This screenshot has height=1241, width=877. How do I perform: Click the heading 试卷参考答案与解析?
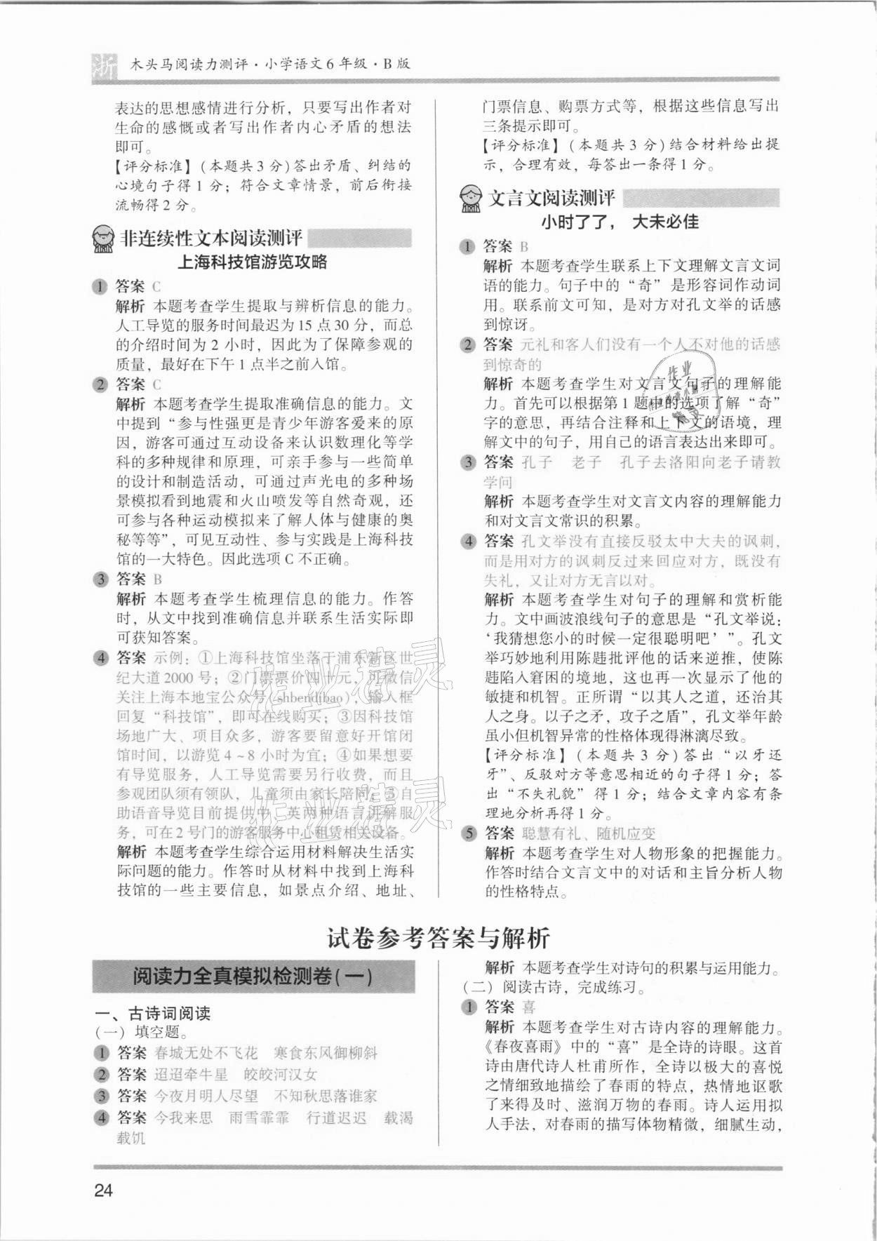click(438, 938)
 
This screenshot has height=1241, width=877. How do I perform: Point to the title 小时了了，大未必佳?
click(620, 222)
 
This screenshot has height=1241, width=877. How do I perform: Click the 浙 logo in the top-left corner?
click(105, 65)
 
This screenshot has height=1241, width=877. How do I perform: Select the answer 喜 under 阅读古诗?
click(529, 1007)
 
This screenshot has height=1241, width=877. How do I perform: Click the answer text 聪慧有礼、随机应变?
click(589, 833)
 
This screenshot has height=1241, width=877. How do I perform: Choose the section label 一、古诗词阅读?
click(154, 1014)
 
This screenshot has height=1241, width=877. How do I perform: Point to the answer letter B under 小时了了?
click(523, 246)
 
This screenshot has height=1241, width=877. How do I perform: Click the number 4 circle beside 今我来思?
click(102, 1118)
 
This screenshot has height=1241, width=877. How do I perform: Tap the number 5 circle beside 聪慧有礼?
click(468, 833)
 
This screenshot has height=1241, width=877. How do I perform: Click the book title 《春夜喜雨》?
click(523, 1047)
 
